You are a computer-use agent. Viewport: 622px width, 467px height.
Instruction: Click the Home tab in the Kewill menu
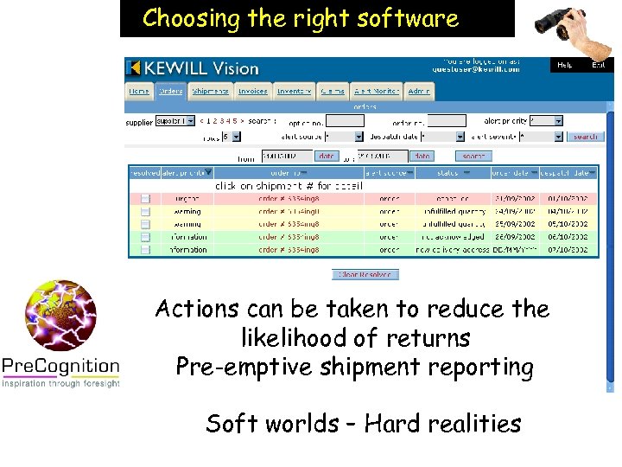(139, 91)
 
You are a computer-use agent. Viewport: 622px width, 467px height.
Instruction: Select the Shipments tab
(211, 91)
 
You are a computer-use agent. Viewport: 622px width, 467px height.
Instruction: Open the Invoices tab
(253, 91)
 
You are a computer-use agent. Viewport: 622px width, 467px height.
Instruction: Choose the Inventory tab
(295, 91)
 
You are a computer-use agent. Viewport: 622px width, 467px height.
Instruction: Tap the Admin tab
(419, 91)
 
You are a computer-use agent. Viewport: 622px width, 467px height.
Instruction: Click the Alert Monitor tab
(377, 91)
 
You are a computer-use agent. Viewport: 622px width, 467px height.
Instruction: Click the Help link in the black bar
(565, 65)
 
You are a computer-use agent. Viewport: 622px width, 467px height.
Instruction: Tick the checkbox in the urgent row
(145, 199)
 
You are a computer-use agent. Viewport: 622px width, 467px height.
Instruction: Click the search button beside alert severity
(586, 137)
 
